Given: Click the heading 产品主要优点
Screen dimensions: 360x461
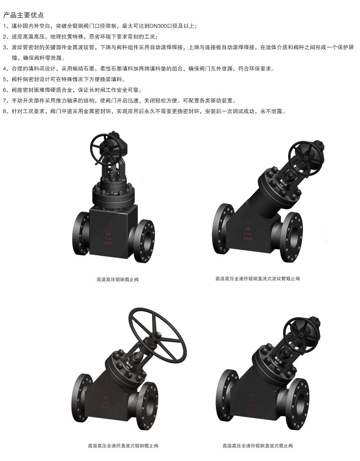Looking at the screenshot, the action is click(x=23, y=15).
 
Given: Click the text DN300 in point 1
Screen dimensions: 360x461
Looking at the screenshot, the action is click(x=158, y=26).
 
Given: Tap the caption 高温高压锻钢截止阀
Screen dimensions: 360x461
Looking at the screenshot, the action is click(x=118, y=279).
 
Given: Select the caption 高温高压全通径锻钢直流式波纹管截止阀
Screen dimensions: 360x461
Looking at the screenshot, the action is click(x=258, y=279).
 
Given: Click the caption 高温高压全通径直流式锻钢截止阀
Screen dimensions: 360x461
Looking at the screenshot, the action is click(x=123, y=446).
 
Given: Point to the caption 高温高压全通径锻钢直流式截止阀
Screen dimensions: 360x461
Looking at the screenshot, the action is click(x=258, y=446).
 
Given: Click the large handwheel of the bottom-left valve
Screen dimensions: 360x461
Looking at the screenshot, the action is click(x=159, y=335).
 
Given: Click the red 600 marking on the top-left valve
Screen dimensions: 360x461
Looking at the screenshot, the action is click(x=108, y=244).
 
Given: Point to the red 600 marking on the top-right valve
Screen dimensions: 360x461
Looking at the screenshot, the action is click(x=248, y=239).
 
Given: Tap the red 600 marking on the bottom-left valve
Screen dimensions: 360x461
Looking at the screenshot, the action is click(x=105, y=408).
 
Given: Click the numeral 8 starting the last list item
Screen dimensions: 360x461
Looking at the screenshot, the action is click(x=4, y=111).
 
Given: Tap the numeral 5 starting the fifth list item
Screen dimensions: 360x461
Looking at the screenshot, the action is click(x=4, y=80).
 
